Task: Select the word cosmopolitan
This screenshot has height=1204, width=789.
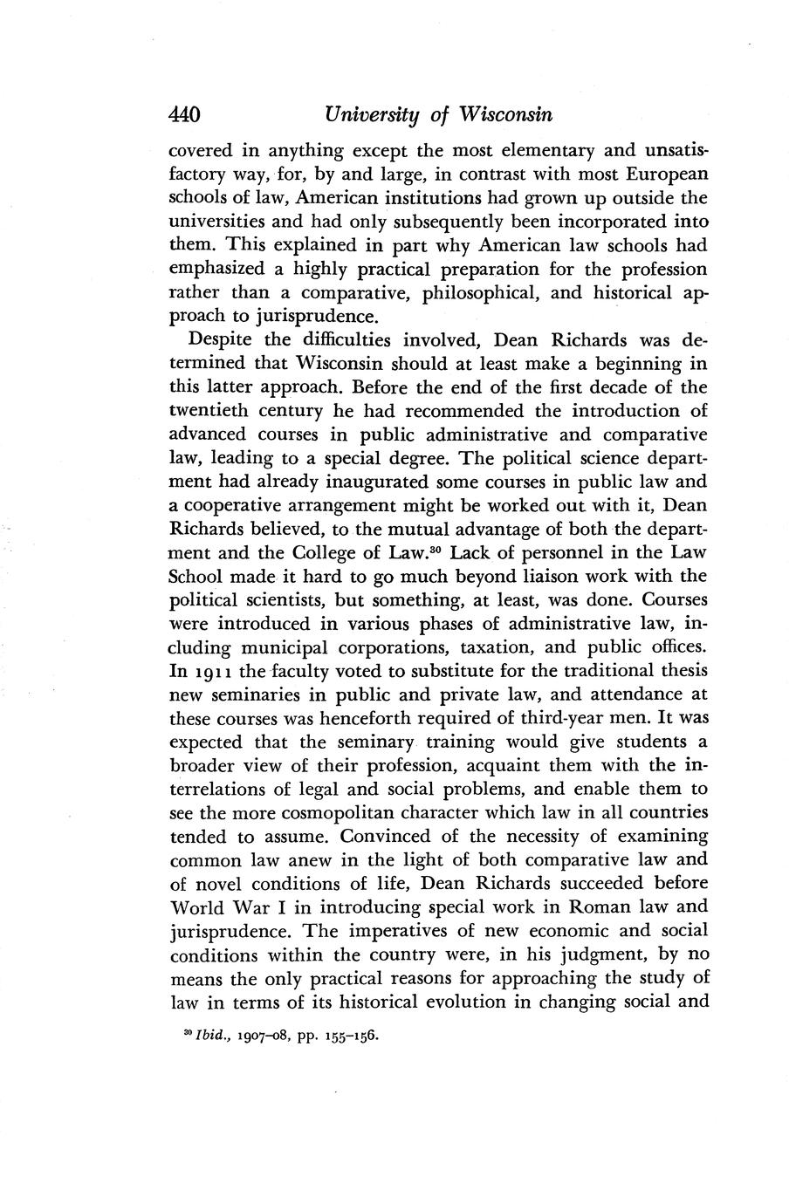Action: [381, 812]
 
